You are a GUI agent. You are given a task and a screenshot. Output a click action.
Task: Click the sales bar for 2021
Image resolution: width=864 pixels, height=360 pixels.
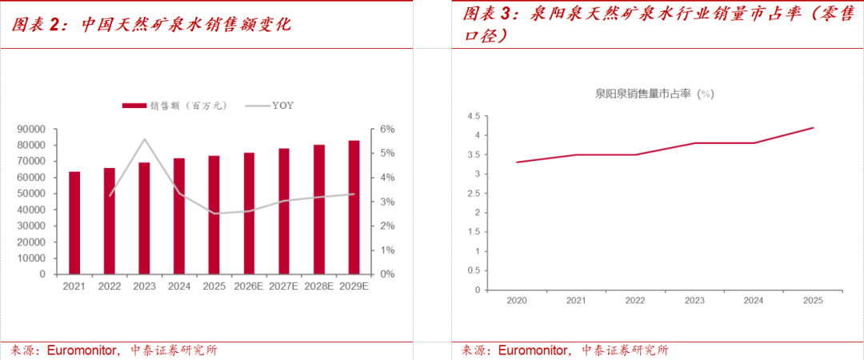click(x=74, y=222)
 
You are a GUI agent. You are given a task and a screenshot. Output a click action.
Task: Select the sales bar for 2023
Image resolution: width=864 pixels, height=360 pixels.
click(x=144, y=218)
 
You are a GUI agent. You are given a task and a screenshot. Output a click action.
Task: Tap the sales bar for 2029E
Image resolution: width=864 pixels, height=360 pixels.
click(x=354, y=207)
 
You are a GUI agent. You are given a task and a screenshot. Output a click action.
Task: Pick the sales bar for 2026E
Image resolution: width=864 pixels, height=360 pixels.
click(x=249, y=213)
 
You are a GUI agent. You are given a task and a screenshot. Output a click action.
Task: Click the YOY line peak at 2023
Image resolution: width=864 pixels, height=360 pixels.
click(x=145, y=139)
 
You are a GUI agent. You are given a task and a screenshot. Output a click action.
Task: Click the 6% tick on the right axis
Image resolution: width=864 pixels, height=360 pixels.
click(x=386, y=129)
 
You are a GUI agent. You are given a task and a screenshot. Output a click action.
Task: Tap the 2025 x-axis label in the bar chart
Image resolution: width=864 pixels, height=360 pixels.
click(x=214, y=286)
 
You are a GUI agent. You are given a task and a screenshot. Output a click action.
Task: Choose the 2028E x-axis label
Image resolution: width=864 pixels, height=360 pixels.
click(x=318, y=286)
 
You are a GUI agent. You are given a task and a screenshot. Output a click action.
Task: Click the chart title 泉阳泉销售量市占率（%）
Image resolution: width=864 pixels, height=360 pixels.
click(x=654, y=94)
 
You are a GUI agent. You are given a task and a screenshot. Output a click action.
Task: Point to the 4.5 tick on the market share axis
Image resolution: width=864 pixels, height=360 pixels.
click(x=472, y=116)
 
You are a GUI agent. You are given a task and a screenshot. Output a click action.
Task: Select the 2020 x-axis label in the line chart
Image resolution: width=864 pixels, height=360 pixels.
click(x=517, y=302)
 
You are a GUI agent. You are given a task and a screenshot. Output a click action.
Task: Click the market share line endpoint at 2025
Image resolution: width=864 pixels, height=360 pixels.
click(x=814, y=127)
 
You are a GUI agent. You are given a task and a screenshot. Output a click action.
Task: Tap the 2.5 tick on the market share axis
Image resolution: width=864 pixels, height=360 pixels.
click(x=472, y=193)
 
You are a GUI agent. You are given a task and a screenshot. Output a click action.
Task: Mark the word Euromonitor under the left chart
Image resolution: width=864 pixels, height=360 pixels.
click(x=83, y=350)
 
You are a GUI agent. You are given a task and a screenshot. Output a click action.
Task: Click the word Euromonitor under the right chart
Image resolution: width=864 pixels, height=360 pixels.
click(x=534, y=350)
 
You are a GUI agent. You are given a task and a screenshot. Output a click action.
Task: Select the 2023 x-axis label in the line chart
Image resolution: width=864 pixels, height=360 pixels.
click(x=694, y=302)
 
